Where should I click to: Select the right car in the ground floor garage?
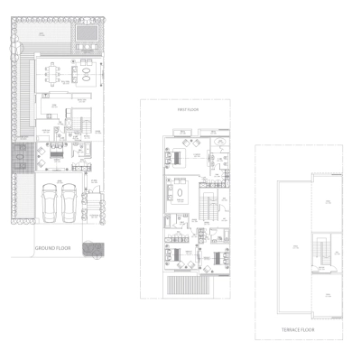click(x=68, y=203)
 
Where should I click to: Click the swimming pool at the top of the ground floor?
click(x=88, y=35)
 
